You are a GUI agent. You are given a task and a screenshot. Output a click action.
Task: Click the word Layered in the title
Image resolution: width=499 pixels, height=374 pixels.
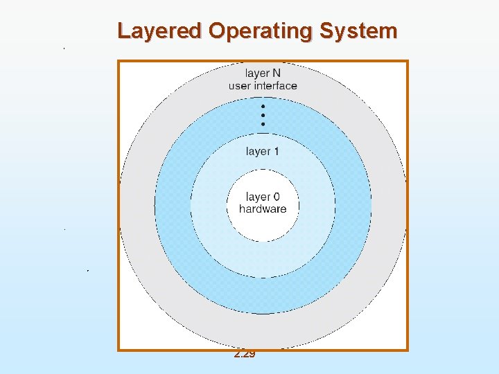click(x=159, y=31)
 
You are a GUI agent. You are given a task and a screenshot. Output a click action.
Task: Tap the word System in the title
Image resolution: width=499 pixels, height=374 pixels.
click(x=358, y=31)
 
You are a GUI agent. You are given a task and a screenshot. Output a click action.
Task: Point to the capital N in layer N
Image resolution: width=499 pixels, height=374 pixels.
click(x=277, y=73)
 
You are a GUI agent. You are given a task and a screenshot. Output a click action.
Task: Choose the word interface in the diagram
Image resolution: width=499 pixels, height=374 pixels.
click(x=275, y=86)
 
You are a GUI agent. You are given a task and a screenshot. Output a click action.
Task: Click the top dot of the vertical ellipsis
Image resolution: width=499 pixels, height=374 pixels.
click(x=263, y=107)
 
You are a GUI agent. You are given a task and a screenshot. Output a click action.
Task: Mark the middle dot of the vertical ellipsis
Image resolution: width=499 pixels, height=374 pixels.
click(x=263, y=115)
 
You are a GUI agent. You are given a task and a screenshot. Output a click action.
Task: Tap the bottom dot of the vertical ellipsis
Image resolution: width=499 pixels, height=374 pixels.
click(x=263, y=123)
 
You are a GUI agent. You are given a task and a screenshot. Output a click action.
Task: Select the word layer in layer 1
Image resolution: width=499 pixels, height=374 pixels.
click(x=259, y=151)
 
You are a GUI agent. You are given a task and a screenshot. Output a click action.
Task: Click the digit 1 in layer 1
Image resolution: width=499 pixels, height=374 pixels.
click(x=277, y=151)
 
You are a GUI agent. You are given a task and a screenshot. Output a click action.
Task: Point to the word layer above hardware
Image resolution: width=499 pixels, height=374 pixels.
click(x=258, y=197)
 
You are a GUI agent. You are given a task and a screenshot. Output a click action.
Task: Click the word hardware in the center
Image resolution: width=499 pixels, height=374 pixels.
click(x=263, y=209)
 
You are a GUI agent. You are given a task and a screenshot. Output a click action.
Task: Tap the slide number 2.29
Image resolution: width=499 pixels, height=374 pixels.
click(x=245, y=354)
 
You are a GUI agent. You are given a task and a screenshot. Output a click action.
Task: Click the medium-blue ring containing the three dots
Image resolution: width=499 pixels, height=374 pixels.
click(x=173, y=208)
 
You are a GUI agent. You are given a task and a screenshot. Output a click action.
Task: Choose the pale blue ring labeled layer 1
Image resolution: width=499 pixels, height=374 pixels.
click(x=208, y=208)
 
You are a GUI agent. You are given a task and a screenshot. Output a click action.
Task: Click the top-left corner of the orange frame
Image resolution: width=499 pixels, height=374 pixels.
click(x=119, y=61)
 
